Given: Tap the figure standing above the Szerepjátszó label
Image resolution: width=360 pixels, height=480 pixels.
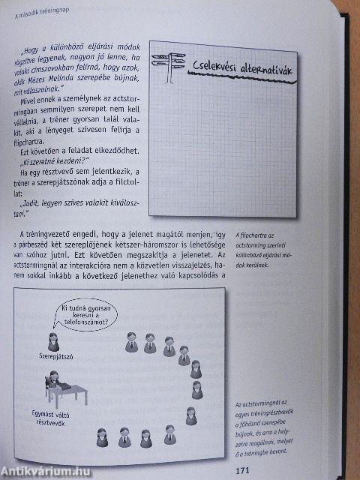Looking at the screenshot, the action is (53, 340).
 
